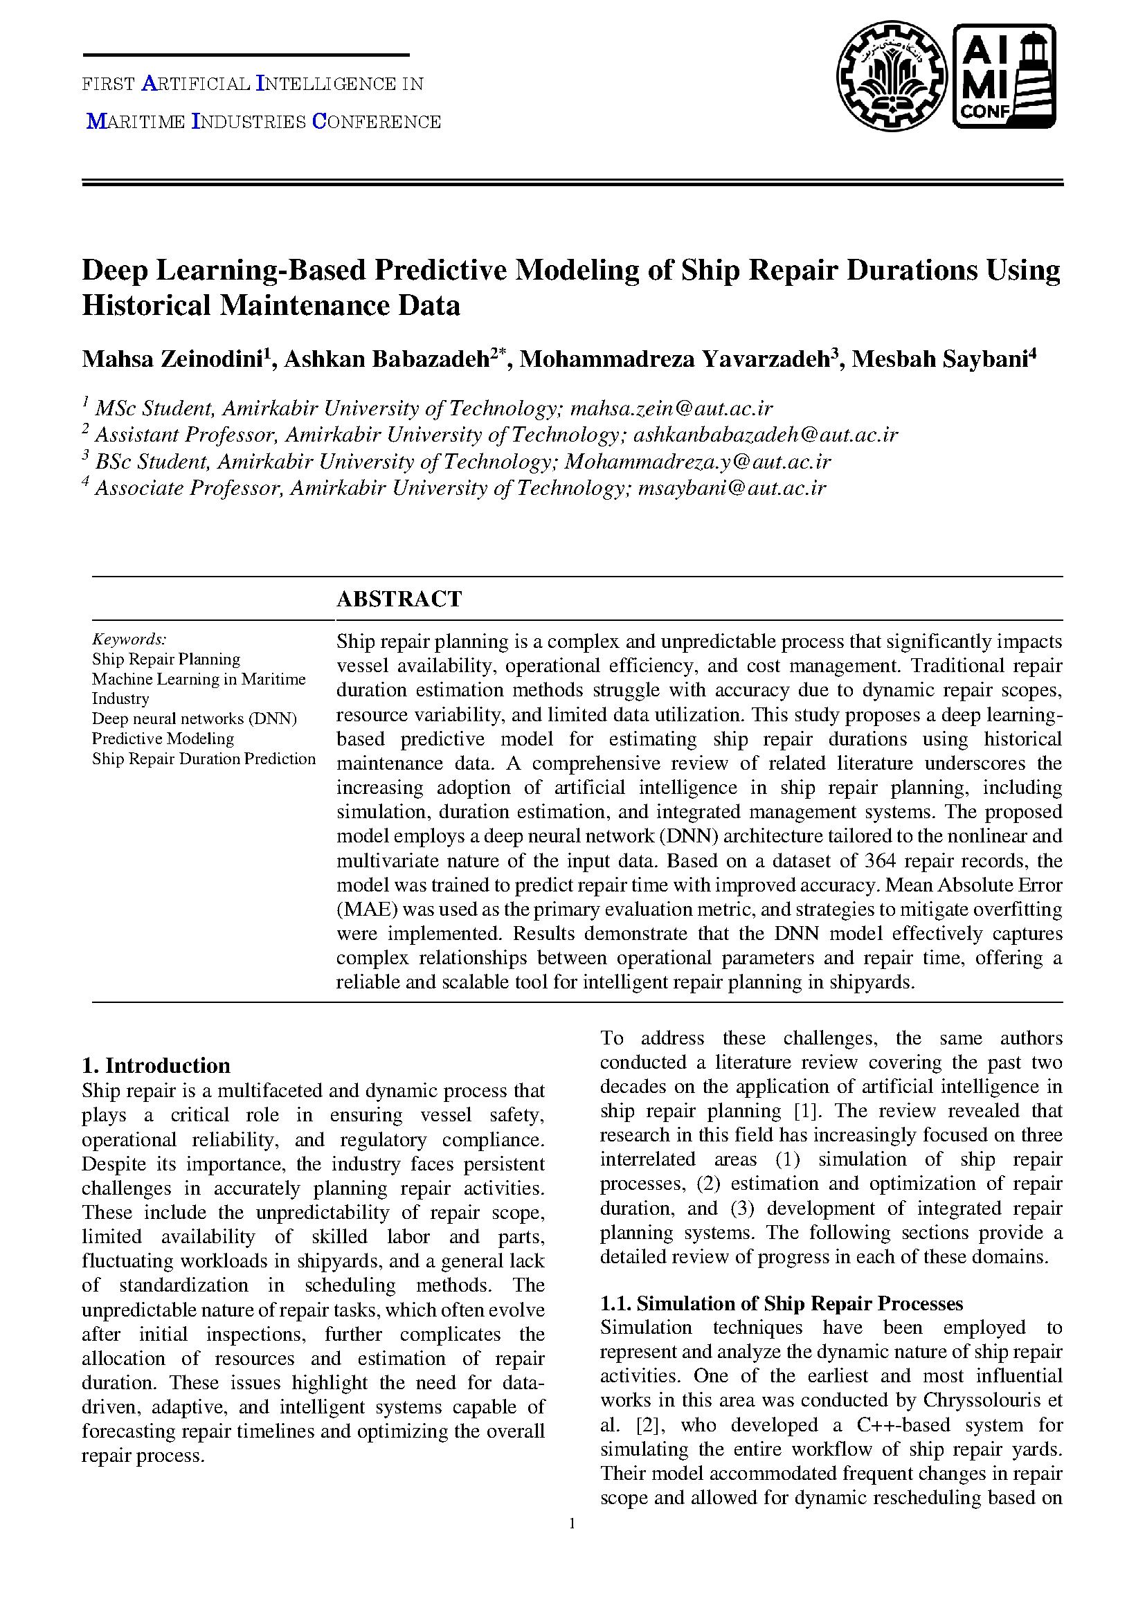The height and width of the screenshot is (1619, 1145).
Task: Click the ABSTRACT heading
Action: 399,599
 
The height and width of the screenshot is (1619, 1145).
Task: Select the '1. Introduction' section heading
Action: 156,1065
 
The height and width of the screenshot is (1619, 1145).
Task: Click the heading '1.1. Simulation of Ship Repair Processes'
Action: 781,1303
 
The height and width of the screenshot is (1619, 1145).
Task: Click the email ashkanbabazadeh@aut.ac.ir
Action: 766,435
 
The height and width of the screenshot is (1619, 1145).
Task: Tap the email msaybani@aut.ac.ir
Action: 731,488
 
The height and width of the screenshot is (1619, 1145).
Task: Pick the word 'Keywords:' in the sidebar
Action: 129,639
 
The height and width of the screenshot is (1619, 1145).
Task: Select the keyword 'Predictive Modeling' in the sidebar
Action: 163,739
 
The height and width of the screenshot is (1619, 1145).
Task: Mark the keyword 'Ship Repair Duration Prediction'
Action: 204,759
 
